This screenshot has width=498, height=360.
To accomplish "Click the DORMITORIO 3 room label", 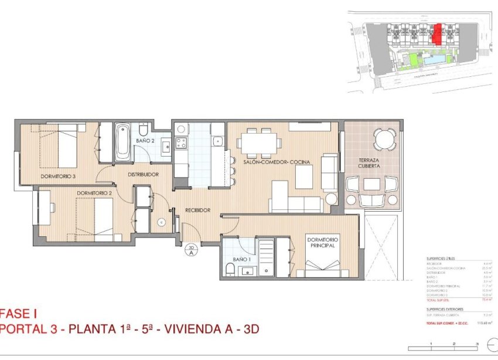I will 59,176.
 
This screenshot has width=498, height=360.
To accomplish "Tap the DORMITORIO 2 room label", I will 94,192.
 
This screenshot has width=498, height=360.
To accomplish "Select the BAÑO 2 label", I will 145,141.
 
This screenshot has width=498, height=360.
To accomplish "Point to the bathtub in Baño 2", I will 122,142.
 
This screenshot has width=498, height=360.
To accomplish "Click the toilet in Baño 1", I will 230,269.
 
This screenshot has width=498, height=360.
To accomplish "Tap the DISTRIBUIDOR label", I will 144,174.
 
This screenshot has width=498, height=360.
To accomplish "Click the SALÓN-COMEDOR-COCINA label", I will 277,162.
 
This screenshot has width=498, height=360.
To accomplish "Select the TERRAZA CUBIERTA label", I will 372,162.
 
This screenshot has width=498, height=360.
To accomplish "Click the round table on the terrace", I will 384,140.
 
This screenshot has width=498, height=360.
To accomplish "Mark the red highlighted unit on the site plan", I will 436,35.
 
